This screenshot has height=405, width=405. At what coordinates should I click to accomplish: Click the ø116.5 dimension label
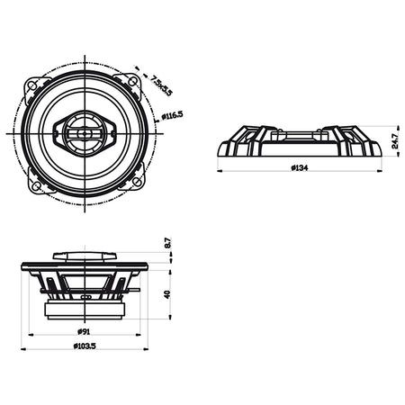coord(172,115)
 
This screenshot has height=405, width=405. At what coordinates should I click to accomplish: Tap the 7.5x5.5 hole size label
coord(161,85)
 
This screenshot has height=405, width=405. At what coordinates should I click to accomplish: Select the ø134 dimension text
coord(300,167)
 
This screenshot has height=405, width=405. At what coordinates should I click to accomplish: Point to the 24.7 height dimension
coord(395,141)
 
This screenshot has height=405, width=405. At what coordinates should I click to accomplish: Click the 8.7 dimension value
coord(167,243)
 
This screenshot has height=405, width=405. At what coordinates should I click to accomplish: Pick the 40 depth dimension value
coord(167,294)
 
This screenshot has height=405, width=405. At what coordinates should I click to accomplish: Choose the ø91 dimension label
coord(84,331)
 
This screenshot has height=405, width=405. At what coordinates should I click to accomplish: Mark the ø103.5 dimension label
coord(85,346)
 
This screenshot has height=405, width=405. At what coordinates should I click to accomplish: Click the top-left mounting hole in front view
coord(32,85)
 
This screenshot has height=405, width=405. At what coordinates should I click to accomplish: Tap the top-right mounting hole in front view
coord(132,80)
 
